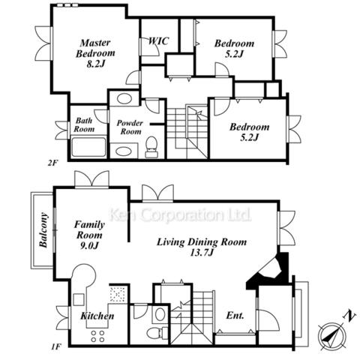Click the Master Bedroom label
point(95,48)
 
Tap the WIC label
point(158,40)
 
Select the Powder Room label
point(130,127)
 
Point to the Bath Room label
point(84,124)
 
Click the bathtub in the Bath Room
point(88,147)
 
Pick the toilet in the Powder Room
point(151,147)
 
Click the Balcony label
point(43,230)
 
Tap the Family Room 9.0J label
point(89,235)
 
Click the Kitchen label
point(97,316)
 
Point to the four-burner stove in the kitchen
point(97,336)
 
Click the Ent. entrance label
point(235,315)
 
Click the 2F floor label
point(52,163)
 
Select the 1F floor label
point(56,347)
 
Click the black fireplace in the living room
point(271,271)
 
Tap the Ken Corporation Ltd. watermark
point(181,214)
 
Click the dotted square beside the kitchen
point(118,294)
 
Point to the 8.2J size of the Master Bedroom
point(95,64)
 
